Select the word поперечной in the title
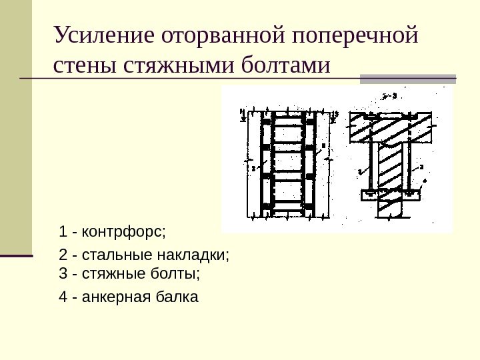pyautogui.click(x=355, y=34)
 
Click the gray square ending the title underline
pyautogui.click(x=407, y=79)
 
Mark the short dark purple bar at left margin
pyautogui.click(x=16, y=255)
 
